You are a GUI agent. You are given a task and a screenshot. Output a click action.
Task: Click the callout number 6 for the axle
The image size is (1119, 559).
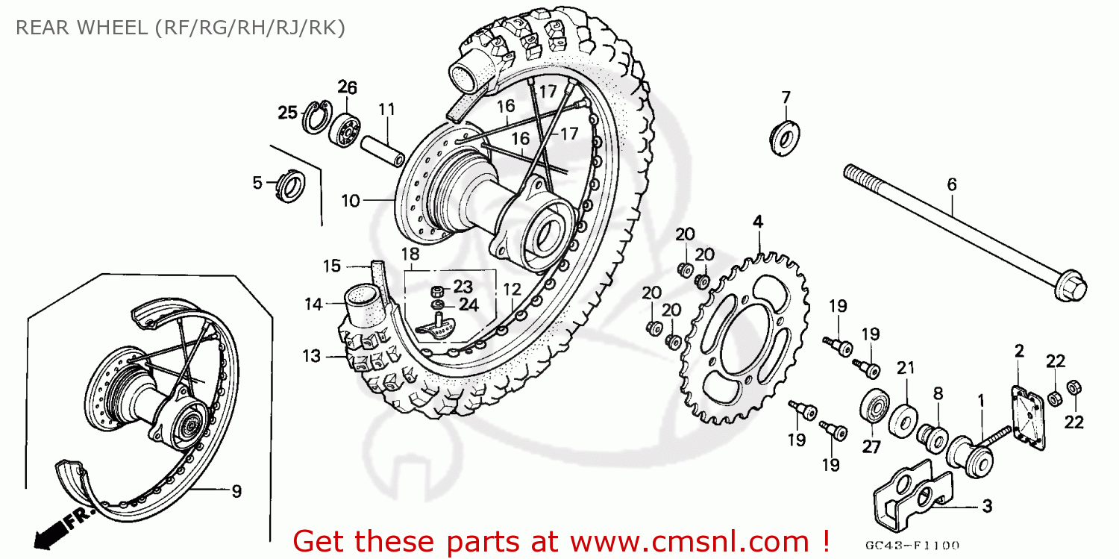click(951, 184)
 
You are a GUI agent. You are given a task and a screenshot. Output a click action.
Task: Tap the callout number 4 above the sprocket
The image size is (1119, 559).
click(758, 221)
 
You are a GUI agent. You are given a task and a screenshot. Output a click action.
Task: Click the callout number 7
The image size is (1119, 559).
click(786, 97)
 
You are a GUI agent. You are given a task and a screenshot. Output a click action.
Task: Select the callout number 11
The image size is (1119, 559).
click(385, 110)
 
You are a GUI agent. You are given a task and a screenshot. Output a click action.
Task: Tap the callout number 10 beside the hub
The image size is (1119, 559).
click(351, 200)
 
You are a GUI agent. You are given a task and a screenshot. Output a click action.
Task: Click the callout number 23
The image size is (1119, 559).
click(463, 287)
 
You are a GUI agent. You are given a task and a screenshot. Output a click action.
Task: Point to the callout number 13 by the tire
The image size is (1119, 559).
click(310, 356)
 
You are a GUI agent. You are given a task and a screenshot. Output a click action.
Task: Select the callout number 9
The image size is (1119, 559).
click(236, 491)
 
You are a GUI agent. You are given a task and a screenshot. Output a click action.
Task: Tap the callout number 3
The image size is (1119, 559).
click(986, 507)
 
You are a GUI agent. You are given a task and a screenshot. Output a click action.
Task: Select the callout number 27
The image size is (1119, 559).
click(871, 447)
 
